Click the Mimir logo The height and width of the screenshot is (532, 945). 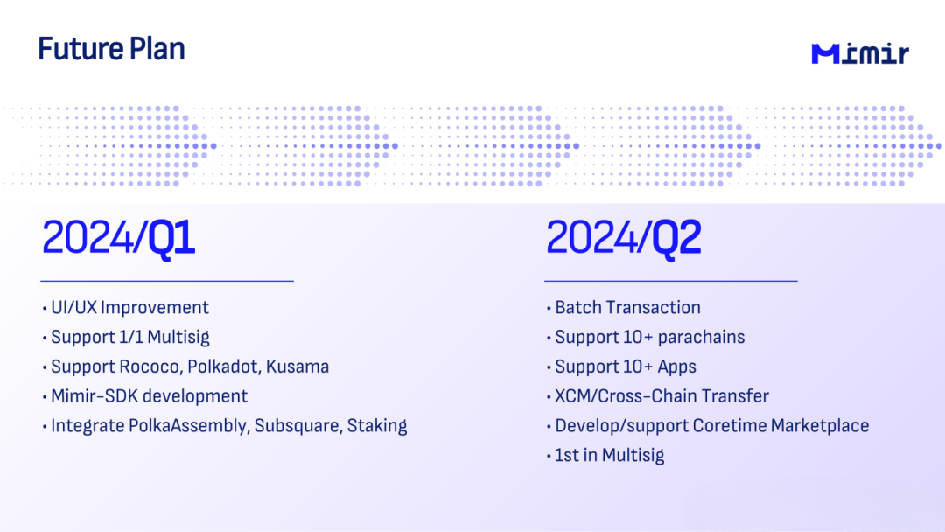click(860, 53)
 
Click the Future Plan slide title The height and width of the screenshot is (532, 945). click(111, 49)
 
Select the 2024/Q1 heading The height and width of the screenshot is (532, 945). click(118, 238)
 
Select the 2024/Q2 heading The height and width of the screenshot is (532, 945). click(623, 238)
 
